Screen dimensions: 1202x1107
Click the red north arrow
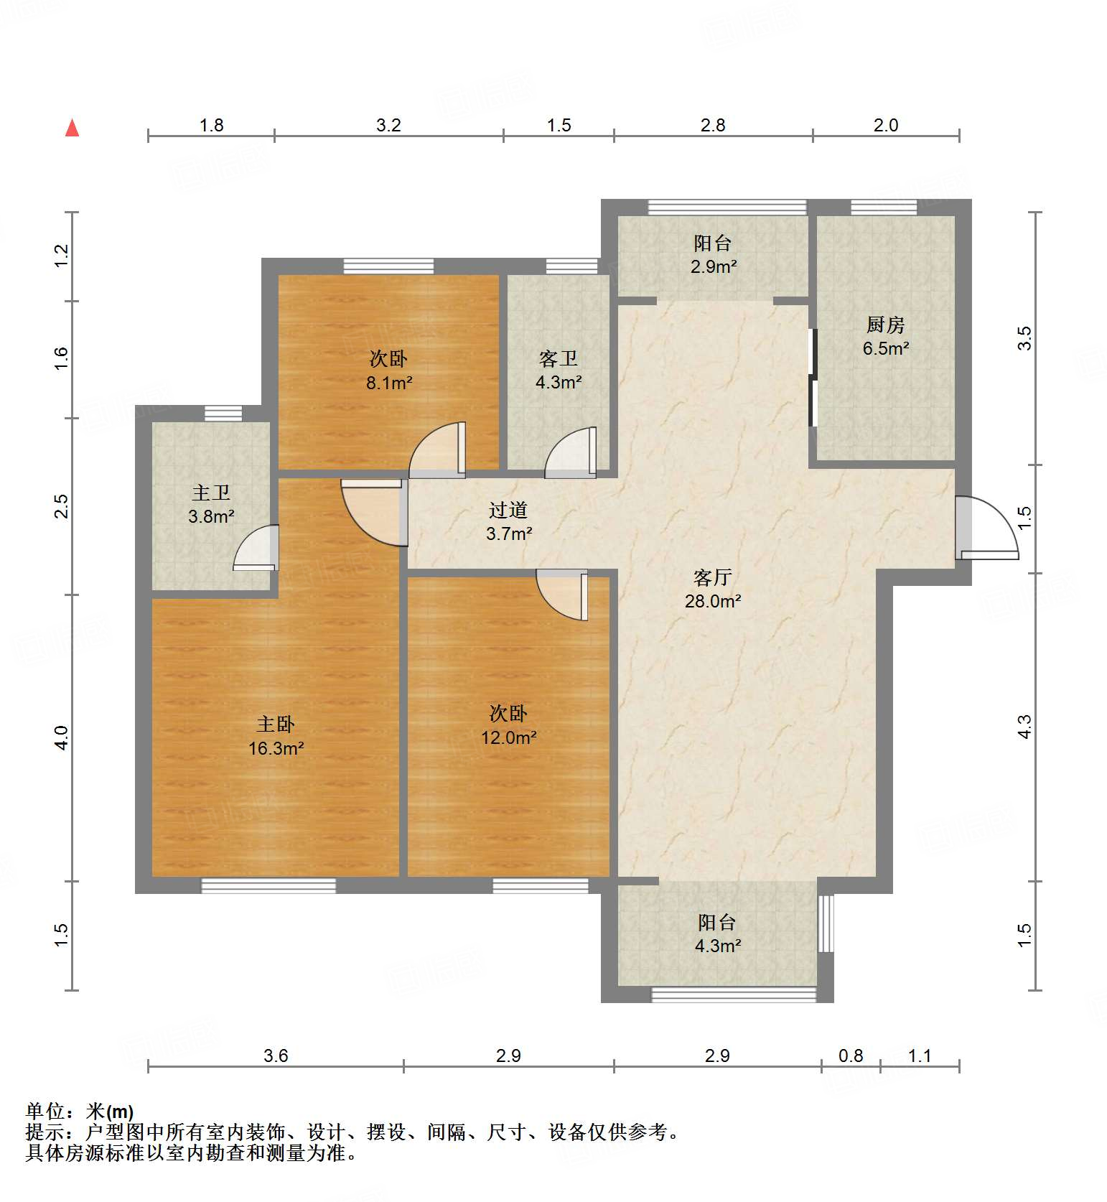click(x=72, y=128)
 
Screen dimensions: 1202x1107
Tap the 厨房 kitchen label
click(x=884, y=325)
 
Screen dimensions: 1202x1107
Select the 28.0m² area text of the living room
click(x=712, y=601)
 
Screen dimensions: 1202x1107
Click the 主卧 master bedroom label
click(x=276, y=724)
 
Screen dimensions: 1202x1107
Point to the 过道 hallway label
click(x=508, y=510)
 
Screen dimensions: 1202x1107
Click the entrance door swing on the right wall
click(x=987, y=528)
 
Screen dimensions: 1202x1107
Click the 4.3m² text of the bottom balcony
click(x=717, y=946)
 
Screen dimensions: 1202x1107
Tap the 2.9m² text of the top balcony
click(x=714, y=266)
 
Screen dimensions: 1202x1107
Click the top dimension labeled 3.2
click(x=388, y=125)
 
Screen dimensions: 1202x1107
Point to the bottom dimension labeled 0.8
click(x=851, y=1056)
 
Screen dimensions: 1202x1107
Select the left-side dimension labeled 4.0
click(x=62, y=737)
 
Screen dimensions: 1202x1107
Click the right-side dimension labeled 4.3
click(x=1024, y=726)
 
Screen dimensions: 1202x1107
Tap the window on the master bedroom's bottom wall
click(x=268, y=886)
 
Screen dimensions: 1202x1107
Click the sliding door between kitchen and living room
click(x=813, y=377)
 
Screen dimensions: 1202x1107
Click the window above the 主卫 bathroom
click(x=223, y=413)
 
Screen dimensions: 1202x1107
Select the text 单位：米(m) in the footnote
click(x=80, y=1112)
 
